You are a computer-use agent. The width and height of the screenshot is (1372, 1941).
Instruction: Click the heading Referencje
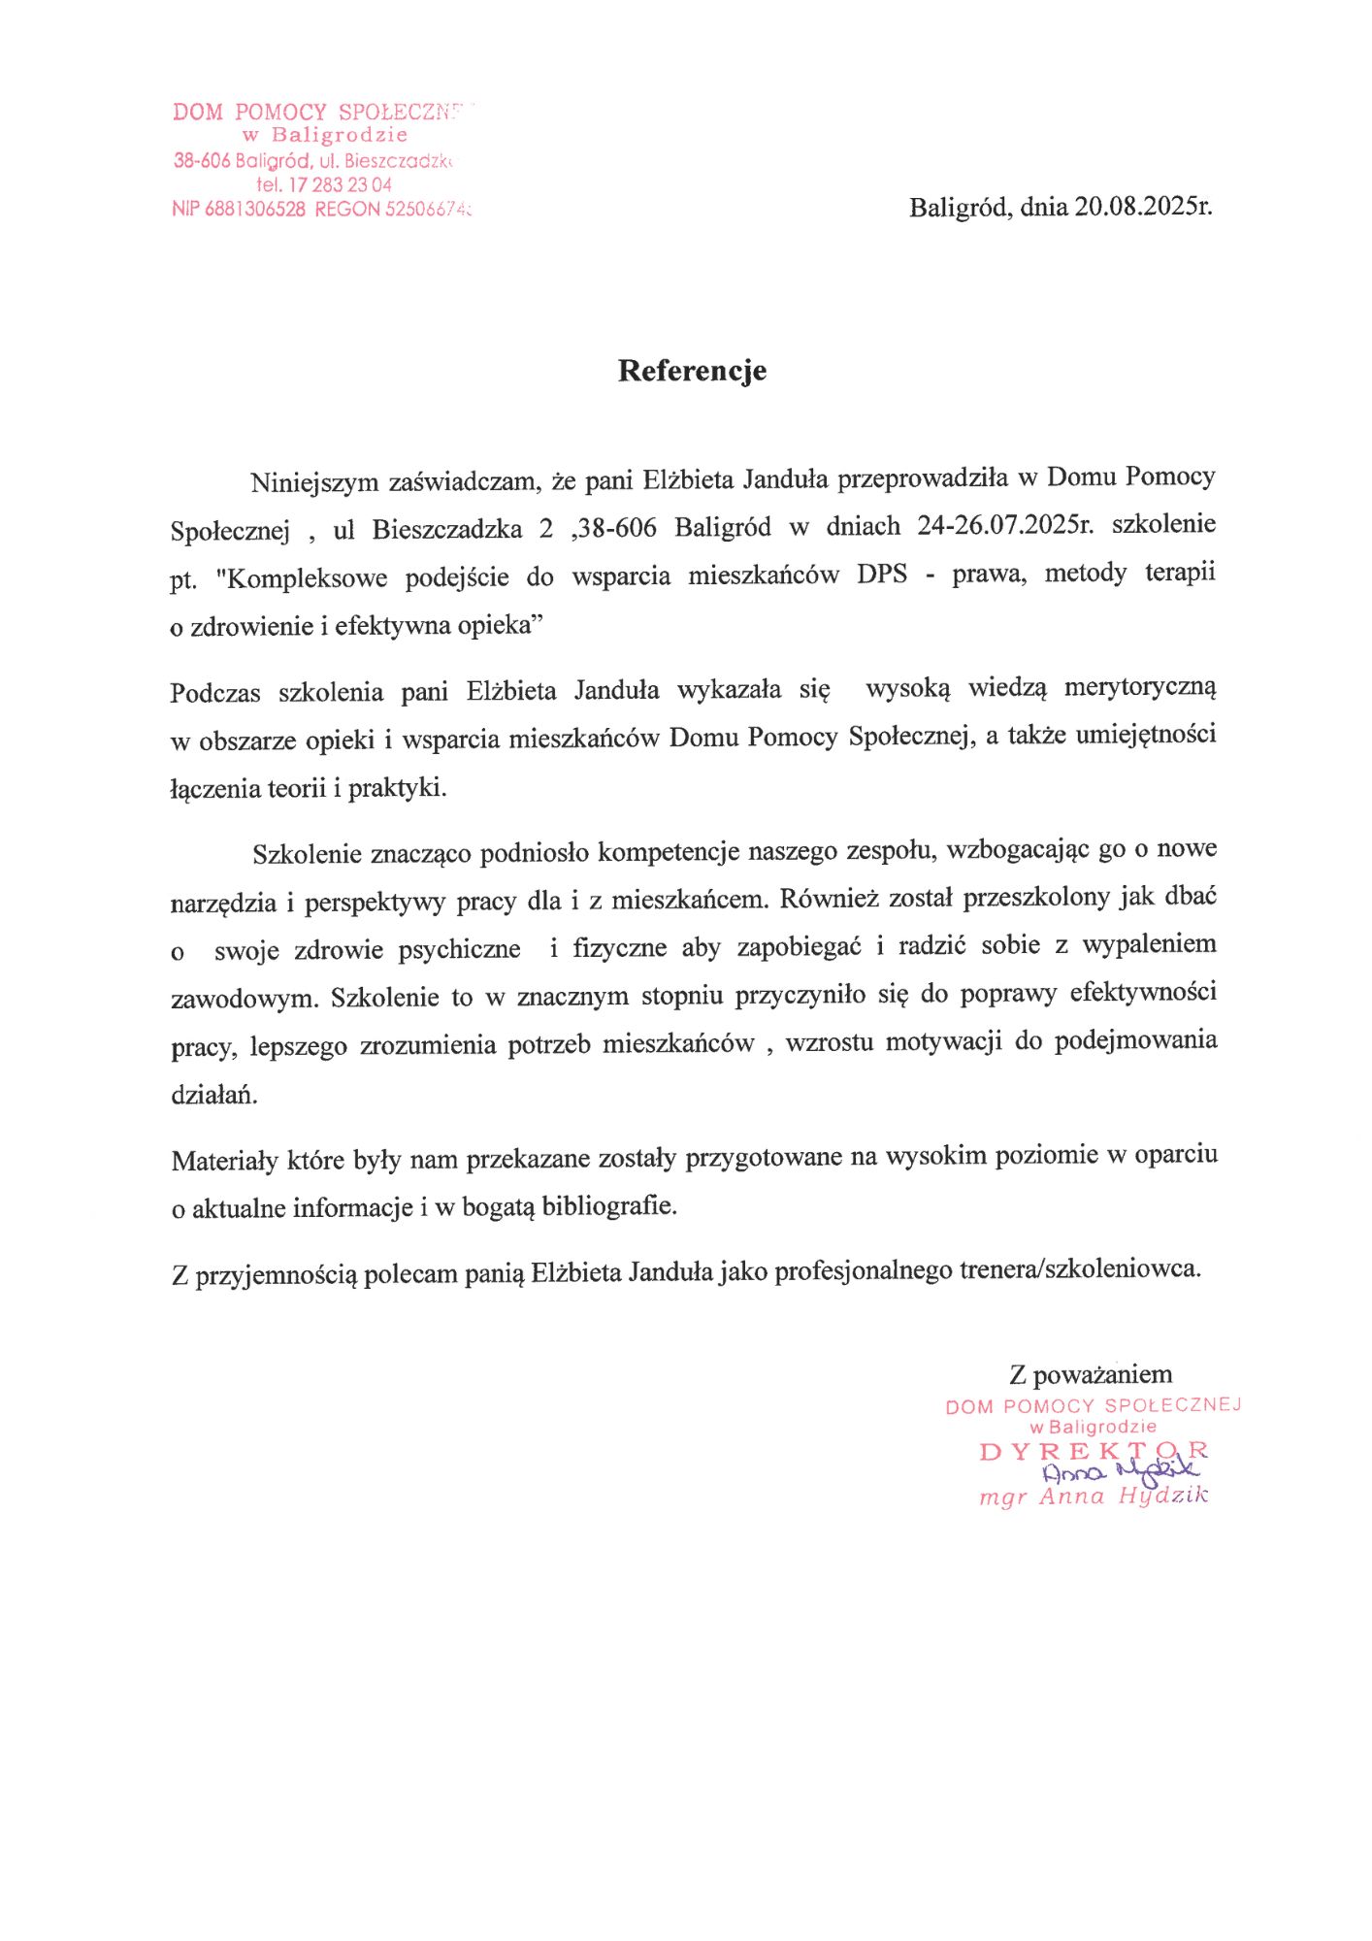tap(692, 371)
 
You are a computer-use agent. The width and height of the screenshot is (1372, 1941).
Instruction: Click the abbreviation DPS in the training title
tap(882, 575)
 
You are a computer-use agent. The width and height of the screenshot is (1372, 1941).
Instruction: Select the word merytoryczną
tap(1139, 687)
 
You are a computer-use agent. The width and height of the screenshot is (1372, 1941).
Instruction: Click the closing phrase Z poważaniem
tap(1090, 1374)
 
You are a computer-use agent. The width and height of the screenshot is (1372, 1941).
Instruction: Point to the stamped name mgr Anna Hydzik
tap(1094, 1497)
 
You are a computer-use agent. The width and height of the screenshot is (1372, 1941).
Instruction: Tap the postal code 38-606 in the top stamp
tap(202, 161)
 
